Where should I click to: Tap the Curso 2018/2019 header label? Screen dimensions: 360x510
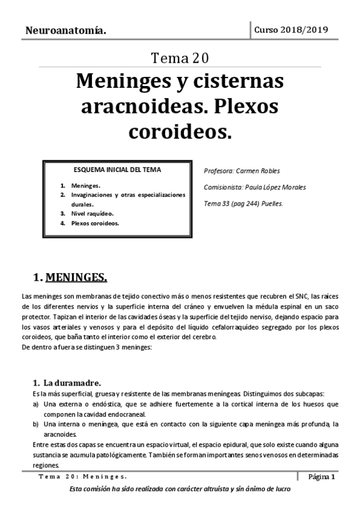pos(291,29)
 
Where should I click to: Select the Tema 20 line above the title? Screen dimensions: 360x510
pos(180,58)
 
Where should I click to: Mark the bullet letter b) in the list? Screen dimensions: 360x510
pos(36,424)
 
